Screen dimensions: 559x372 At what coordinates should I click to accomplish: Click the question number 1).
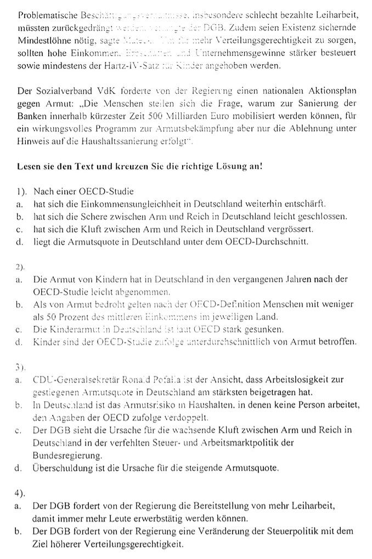pos(22,192)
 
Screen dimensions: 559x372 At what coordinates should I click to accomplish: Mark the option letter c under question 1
pos(19,228)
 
